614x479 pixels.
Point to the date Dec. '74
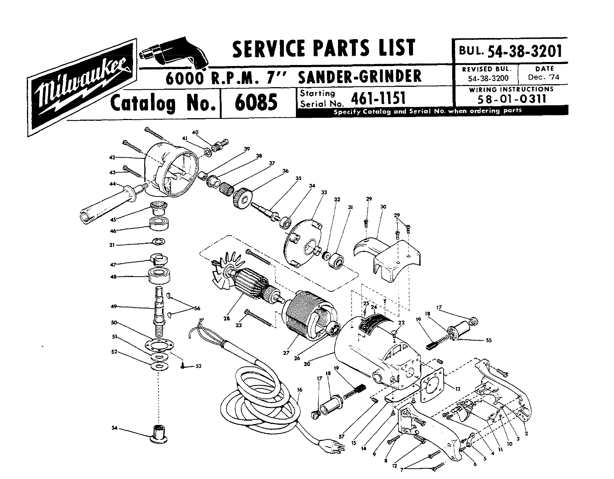[x=544, y=77]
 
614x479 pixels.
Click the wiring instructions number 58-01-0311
[x=511, y=99]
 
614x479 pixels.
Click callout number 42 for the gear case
[x=112, y=157]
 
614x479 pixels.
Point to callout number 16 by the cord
[x=299, y=390]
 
